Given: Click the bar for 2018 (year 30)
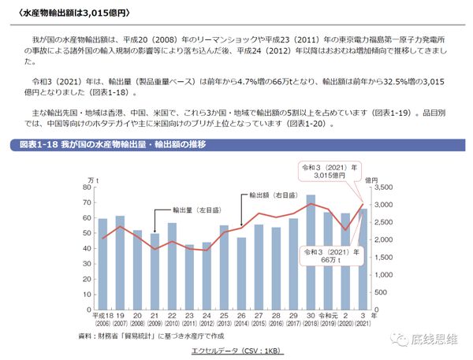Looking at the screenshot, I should click(310, 252).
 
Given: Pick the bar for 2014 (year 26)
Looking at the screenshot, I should click(241, 273).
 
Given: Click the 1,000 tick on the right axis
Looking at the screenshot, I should click(388, 275).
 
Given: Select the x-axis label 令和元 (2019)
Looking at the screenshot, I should click(327, 315).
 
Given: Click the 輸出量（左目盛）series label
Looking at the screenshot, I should click(197, 211).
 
